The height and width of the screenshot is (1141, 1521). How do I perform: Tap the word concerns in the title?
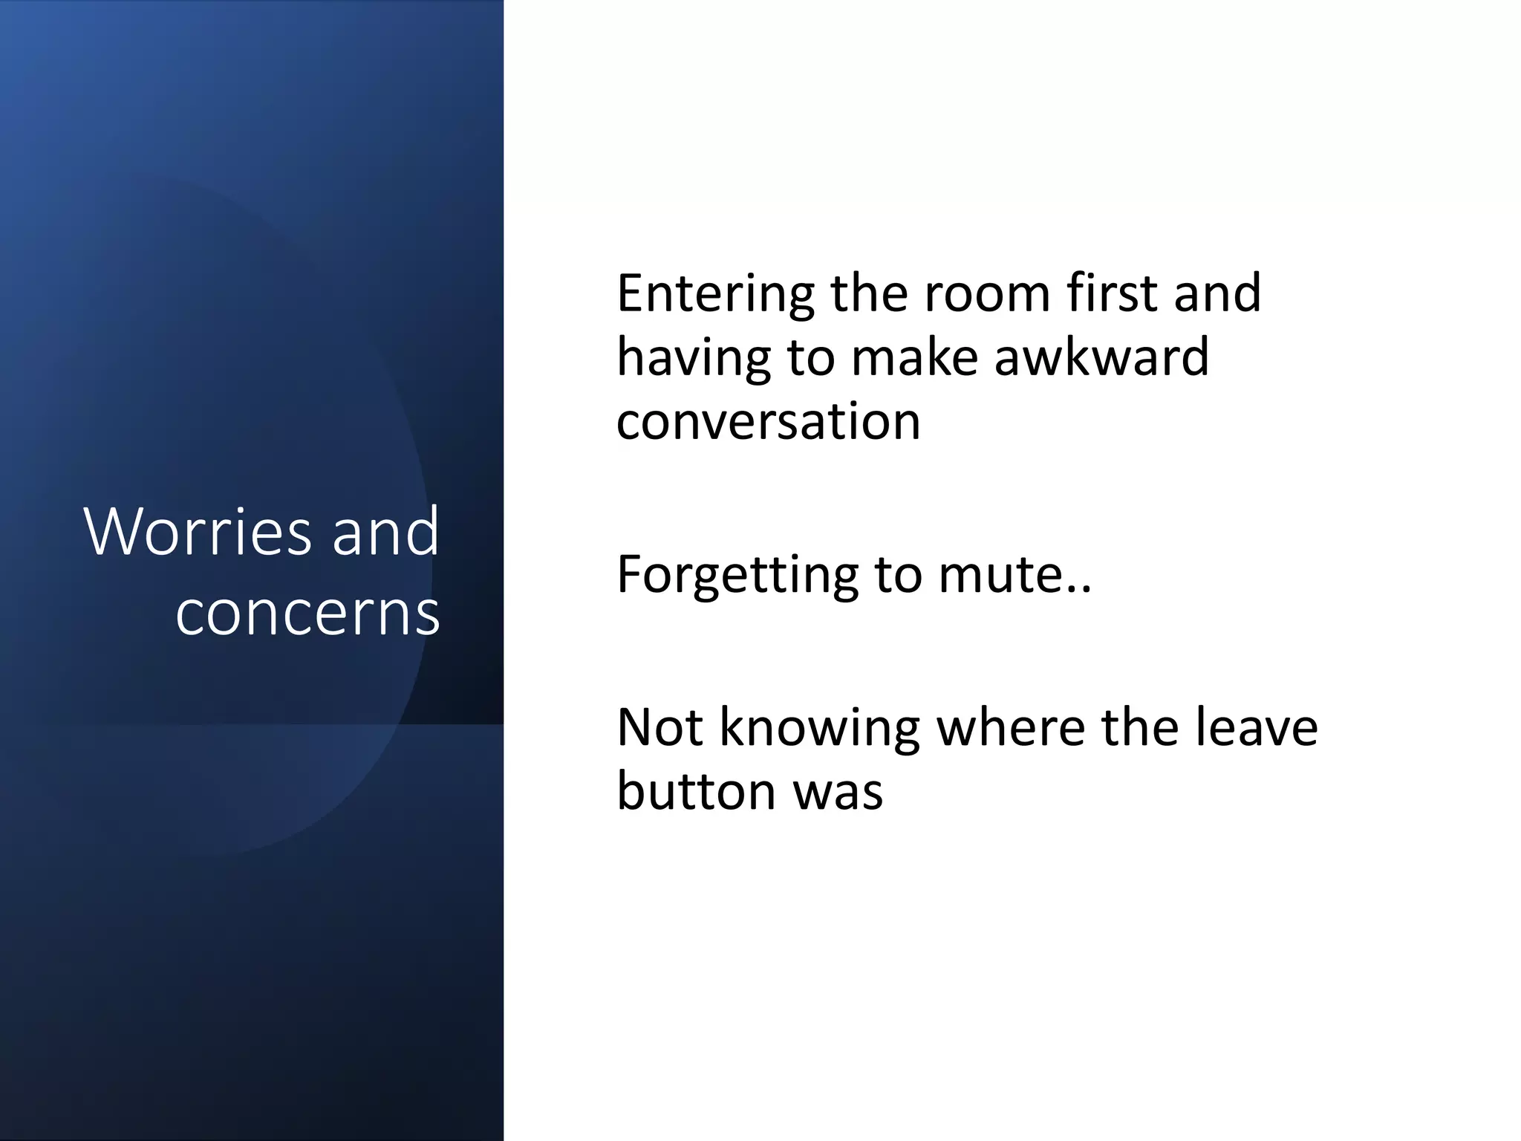coord(307,613)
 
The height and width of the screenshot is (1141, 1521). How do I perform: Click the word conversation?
coord(768,421)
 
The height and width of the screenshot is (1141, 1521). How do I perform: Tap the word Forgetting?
coord(737,576)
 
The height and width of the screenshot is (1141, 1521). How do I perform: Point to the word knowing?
coord(819,729)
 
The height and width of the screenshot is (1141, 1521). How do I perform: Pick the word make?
coord(913,357)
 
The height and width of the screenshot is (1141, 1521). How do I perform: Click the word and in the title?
coord(385,531)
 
